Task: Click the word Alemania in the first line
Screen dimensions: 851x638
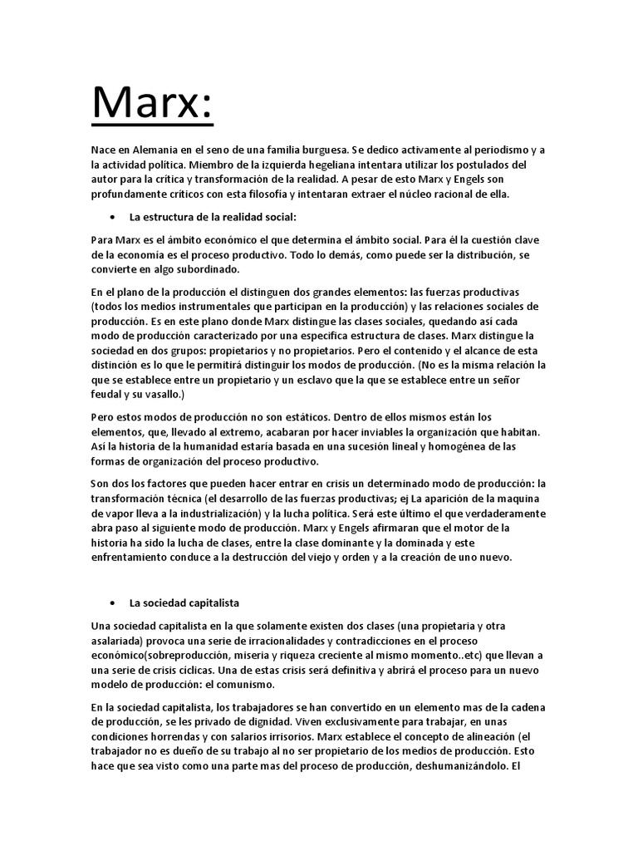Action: [148, 150]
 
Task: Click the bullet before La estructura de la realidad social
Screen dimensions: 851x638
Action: [112, 218]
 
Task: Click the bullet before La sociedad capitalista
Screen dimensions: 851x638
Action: [112, 602]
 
